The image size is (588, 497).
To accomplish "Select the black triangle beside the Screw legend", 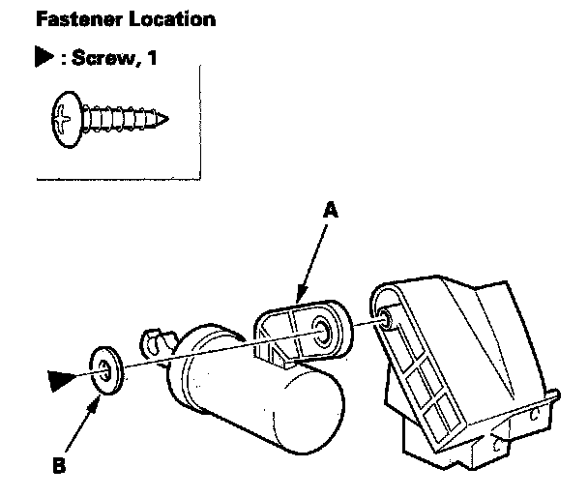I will [x=43, y=60].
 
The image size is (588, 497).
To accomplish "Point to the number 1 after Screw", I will [x=152, y=59].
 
